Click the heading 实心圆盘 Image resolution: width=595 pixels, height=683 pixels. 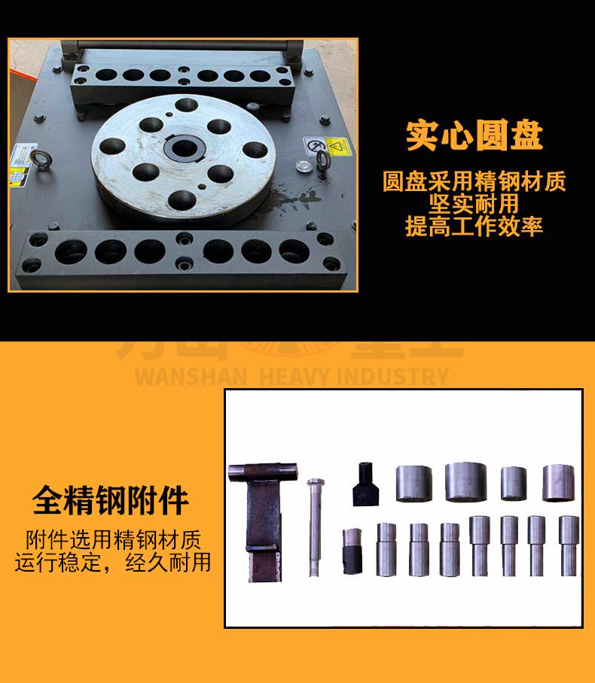point(474,135)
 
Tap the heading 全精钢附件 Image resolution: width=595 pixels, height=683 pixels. point(111,501)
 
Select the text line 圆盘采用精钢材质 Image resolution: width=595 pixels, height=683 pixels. point(474,181)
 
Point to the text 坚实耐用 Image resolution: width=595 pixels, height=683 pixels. point(474,204)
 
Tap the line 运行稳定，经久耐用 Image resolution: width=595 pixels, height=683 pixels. point(113,562)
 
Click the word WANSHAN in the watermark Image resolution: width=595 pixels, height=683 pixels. point(191,376)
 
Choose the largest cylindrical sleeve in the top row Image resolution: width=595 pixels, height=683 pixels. point(466,481)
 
